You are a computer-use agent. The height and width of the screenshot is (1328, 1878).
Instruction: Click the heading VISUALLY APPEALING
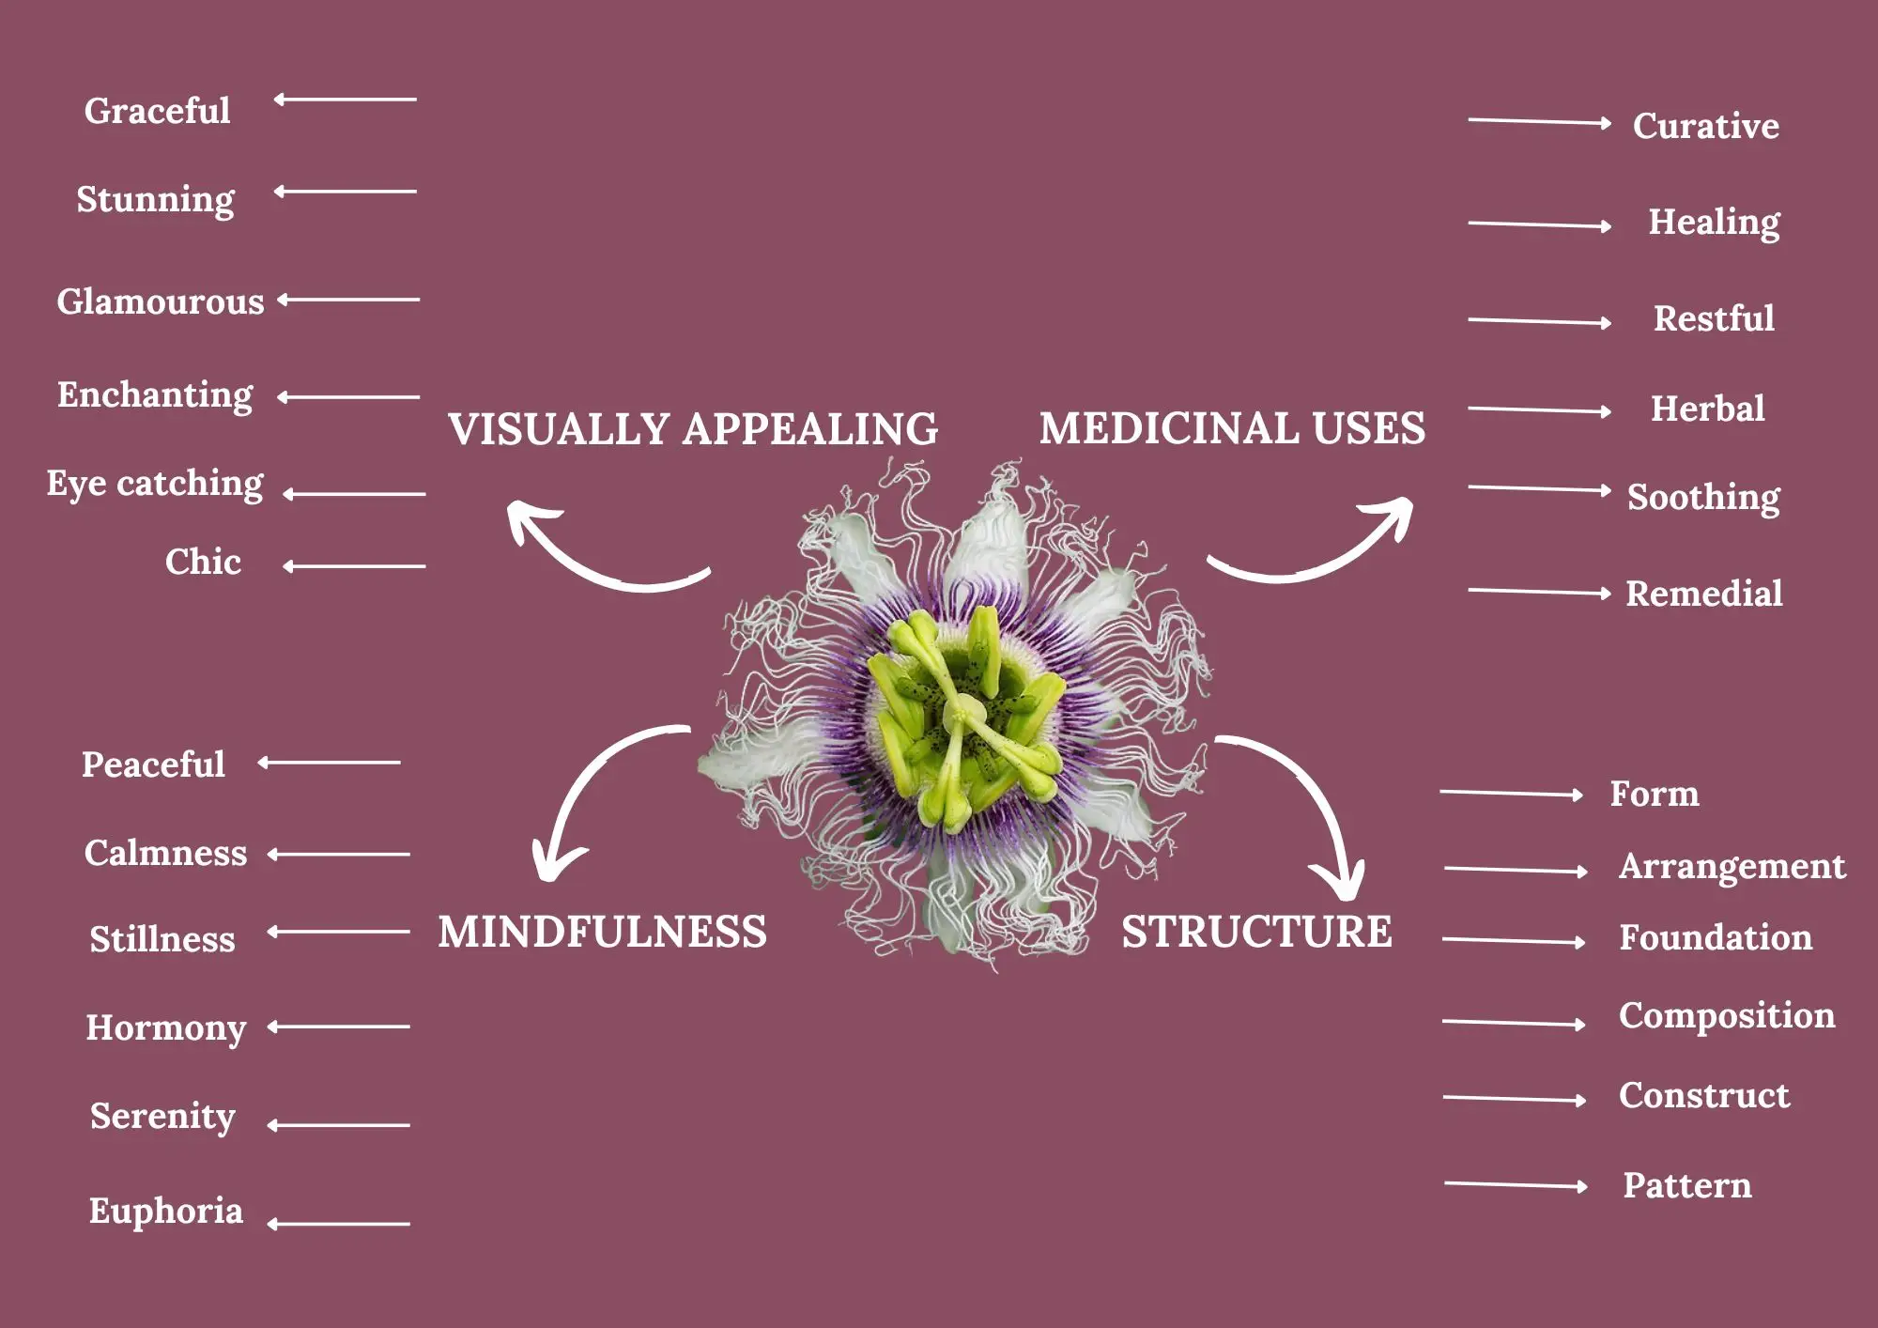[693, 429]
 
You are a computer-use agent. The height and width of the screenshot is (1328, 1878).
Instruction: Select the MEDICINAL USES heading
[1232, 428]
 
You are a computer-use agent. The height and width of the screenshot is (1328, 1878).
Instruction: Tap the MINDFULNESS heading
[602, 932]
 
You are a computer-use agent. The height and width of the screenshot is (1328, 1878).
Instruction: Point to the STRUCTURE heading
[1256, 932]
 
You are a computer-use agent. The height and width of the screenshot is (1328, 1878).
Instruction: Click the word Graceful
[157, 111]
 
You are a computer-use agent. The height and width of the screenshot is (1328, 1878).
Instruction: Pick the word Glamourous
[161, 301]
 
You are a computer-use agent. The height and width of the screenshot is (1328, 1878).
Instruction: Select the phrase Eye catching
[155, 484]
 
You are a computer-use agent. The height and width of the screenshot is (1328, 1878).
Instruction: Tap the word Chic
[203, 562]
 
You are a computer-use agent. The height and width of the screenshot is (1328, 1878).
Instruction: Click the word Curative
[1705, 126]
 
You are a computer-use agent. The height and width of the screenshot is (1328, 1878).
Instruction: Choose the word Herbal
[1707, 409]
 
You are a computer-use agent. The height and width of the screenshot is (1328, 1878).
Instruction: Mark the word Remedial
[1703, 594]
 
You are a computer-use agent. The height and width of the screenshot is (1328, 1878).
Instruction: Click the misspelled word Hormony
[165, 1028]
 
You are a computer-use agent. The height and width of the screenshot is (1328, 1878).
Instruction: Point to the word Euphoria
[165, 1212]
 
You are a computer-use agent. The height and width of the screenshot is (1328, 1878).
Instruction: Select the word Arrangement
[1732, 867]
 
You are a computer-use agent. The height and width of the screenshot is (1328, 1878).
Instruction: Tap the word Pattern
[1686, 1185]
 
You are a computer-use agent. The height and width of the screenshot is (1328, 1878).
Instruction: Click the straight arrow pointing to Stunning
[345, 192]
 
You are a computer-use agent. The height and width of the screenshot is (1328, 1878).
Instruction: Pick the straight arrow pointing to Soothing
[1540, 488]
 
